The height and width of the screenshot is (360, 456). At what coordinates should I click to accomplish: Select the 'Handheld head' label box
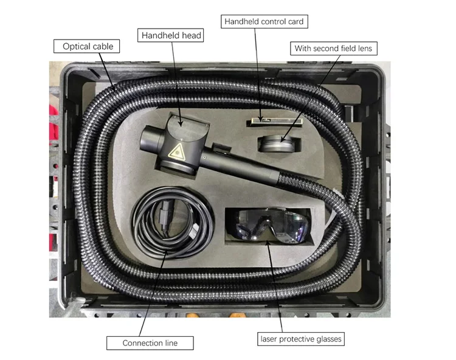click(x=171, y=36)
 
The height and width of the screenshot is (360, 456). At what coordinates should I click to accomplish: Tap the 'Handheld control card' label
click(x=264, y=22)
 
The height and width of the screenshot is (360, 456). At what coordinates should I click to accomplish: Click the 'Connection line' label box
click(x=150, y=343)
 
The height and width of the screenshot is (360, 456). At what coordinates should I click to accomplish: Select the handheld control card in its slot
click(x=266, y=122)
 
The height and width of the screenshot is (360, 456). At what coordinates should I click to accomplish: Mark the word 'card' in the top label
click(x=294, y=22)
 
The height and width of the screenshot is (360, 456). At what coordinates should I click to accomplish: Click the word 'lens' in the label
click(x=368, y=48)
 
